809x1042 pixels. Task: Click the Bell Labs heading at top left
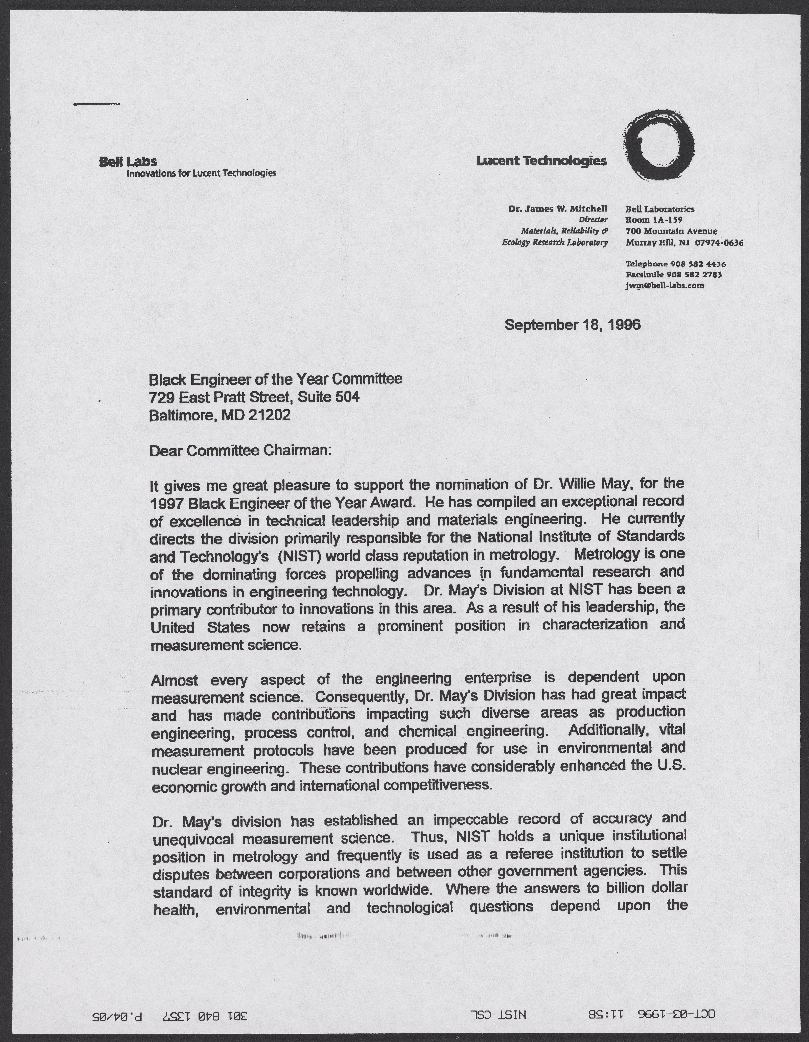coord(128,162)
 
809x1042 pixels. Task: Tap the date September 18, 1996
coord(572,325)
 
